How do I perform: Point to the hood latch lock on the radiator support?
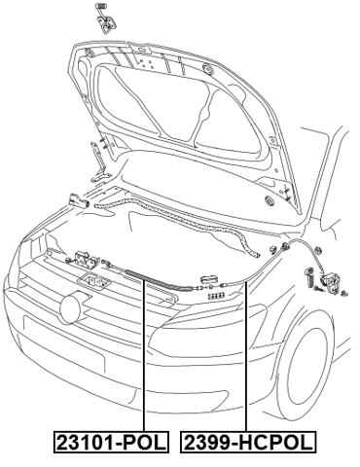click(86, 259)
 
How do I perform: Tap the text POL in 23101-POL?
click(143, 444)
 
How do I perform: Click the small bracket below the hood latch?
click(95, 282)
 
